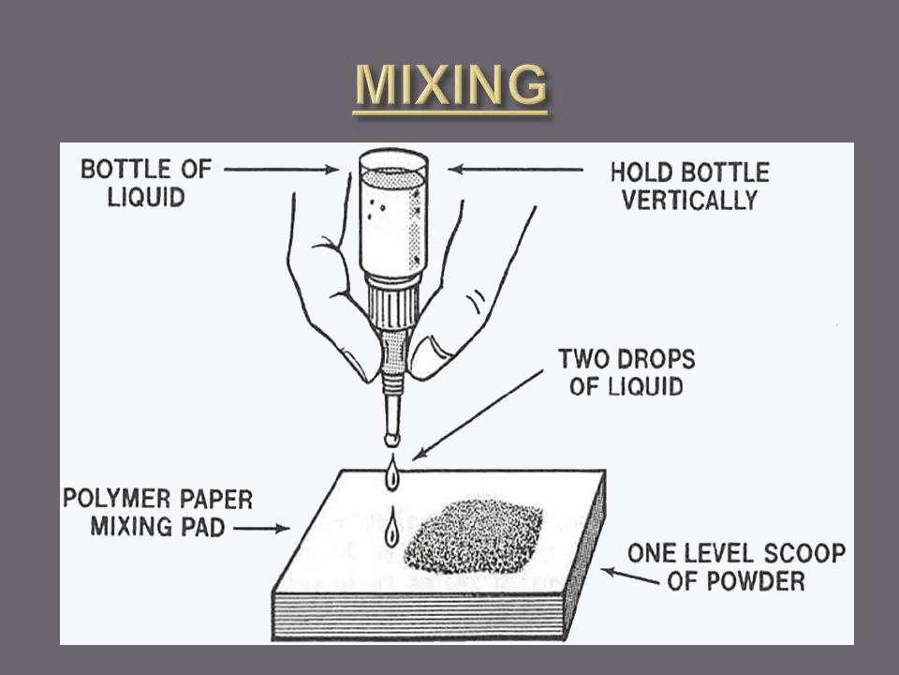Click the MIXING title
tap(450, 85)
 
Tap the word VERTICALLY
tap(690, 201)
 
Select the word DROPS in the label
tap(658, 359)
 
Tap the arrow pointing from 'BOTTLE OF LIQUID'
tap(282, 170)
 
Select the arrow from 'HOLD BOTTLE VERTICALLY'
tap(515, 170)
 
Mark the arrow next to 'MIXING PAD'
tap(262, 528)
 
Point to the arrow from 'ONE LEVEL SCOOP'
tap(629, 577)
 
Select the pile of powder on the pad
tap(474, 536)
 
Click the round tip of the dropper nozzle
tap(392, 439)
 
